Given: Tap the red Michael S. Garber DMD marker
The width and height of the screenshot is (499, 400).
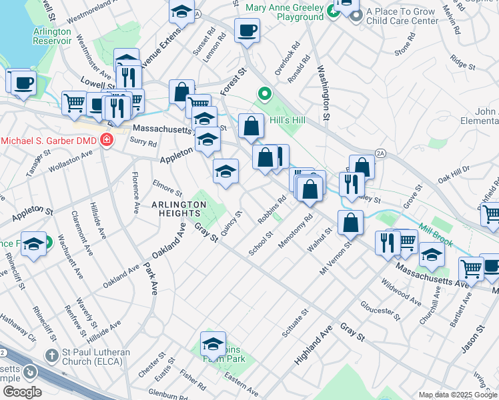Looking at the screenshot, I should [105, 140].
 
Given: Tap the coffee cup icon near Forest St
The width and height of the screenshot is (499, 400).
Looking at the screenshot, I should [247, 31].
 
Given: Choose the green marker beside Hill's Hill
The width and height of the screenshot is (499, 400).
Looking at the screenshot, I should [265, 95].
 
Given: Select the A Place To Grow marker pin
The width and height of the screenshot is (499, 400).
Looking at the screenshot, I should [356, 15].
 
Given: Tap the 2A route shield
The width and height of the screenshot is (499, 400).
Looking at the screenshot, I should [380, 153].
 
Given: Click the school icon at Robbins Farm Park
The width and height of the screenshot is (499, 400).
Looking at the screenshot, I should [213, 344].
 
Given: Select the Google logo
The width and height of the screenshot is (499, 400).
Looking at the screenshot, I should [23, 391].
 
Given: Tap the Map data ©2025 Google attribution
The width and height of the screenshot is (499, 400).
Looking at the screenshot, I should [457, 395].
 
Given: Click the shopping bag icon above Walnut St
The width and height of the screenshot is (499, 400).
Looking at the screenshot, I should [350, 223].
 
